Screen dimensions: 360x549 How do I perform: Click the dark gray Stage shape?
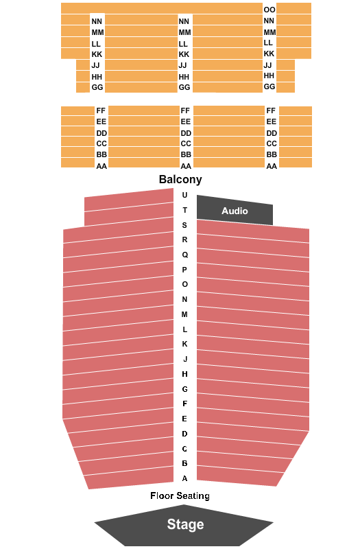tap(184, 525)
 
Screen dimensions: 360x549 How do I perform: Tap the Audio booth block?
tap(235, 210)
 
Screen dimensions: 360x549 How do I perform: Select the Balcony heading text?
tap(180, 179)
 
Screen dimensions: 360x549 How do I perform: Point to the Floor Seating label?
tap(180, 495)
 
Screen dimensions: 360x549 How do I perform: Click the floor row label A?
tap(184, 478)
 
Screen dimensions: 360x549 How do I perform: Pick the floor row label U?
tap(184, 195)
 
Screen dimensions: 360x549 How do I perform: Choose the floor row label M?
tap(184, 314)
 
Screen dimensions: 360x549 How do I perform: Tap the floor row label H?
tap(184, 374)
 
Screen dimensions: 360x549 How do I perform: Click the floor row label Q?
tap(184, 255)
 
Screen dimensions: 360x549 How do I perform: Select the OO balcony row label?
tap(269, 10)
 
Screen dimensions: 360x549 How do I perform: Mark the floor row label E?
tap(184, 419)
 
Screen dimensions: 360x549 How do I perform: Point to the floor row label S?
tap(184, 225)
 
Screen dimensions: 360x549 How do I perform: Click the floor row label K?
tap(184, 344)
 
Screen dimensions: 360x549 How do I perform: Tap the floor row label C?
tap(184, 449)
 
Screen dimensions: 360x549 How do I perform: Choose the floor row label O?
tap(184, 284)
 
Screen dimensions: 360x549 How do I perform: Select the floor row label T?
tap(184, 210)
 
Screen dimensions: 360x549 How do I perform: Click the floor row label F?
tap(184, 404)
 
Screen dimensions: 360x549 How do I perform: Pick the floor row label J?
tap(185, 359)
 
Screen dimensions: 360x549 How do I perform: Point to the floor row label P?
tap(184, 270)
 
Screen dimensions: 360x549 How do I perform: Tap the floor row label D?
tap(184, 434)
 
